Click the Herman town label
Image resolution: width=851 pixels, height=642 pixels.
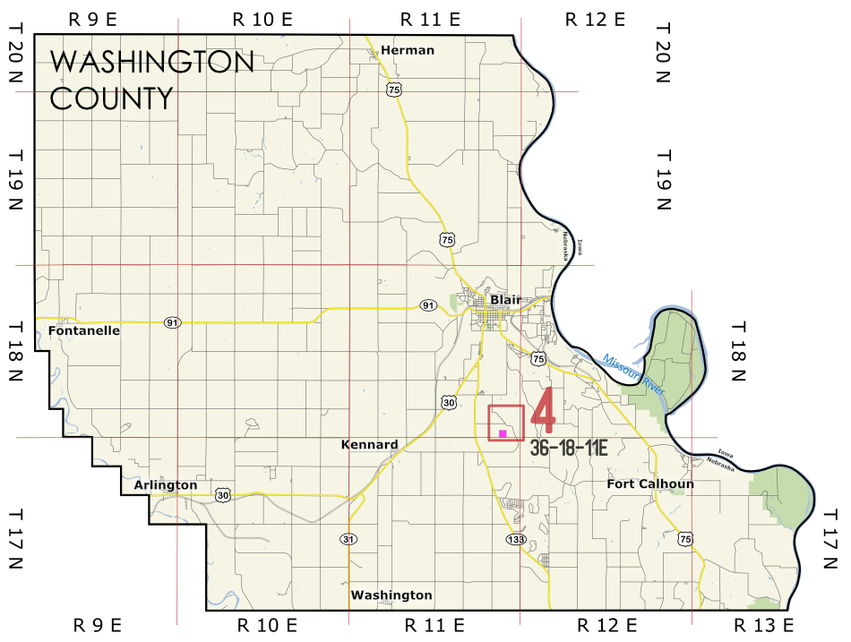tap(408, 50)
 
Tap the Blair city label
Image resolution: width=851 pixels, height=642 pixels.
tap(505, 299)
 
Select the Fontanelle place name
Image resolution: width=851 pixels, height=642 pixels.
tap(84, 330)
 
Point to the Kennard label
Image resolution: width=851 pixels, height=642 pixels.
tap(370, 444)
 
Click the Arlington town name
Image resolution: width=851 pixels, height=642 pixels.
tap(165, 485)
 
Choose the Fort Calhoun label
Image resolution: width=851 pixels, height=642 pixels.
tap(650, 484)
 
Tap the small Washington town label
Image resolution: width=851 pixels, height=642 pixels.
tap(391, 595)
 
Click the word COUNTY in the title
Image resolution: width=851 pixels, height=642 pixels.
tap(111, 98)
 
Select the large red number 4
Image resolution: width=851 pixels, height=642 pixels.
tap(545, 411)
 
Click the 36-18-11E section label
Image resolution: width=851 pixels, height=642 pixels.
tap(569, 449)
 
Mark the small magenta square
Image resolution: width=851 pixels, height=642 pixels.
tap(503, 433)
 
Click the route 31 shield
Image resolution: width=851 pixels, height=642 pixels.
tap(348, 539)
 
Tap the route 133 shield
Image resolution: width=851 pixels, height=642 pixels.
tap(515, 539)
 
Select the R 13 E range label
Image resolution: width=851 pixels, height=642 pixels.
tap(764, 624)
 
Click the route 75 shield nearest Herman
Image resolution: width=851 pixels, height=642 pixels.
tap(394, 90)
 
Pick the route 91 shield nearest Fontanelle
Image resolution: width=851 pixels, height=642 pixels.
tap(172, 321)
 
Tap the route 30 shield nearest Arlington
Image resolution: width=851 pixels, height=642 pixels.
tap(223, 494)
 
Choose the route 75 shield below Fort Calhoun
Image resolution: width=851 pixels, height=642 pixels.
tap(685, 538)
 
